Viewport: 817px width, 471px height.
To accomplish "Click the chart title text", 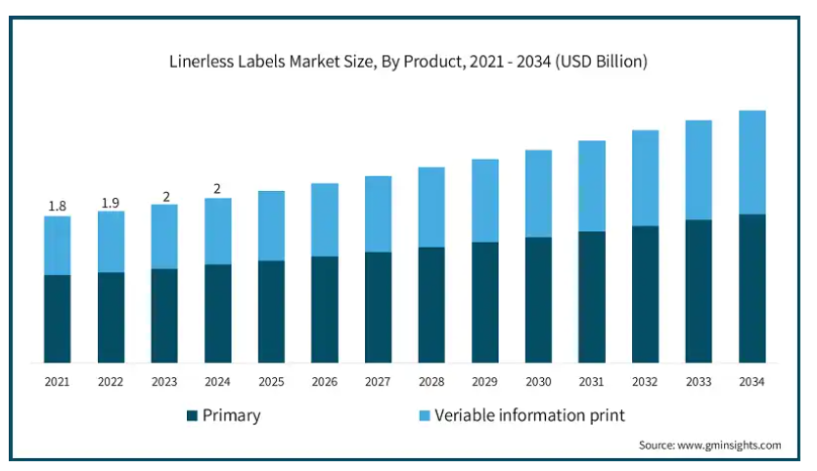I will pos(408,62).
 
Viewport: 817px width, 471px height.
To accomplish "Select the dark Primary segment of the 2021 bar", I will pos(58,318).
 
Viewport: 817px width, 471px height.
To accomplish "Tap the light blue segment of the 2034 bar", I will pos(751,162).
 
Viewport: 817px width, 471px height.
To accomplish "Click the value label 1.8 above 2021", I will pos(58,206).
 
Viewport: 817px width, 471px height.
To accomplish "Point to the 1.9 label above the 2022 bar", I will pos(111,202).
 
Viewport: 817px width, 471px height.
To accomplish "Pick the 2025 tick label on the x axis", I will pos(271,381).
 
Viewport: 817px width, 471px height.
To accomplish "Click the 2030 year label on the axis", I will pos(538,381).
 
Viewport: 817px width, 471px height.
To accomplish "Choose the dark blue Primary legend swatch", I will pos(192,416).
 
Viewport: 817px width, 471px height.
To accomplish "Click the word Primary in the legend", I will pos(232,416).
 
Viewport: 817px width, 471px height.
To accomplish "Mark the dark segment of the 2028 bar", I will pos(431,305).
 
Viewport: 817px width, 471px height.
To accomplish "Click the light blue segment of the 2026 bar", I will pos(325,219).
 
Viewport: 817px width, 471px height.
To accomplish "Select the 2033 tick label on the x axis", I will pos(699,381).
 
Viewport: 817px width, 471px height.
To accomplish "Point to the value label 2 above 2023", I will pos(165,196).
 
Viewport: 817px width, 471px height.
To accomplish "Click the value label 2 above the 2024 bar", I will pos(218,189).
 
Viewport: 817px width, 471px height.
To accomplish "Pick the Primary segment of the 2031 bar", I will pos(592,297).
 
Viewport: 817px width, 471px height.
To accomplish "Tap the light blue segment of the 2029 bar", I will pos(485,200).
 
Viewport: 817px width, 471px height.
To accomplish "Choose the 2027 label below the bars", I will pos(378,381).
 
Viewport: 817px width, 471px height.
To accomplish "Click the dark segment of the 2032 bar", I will pos(645,294).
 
